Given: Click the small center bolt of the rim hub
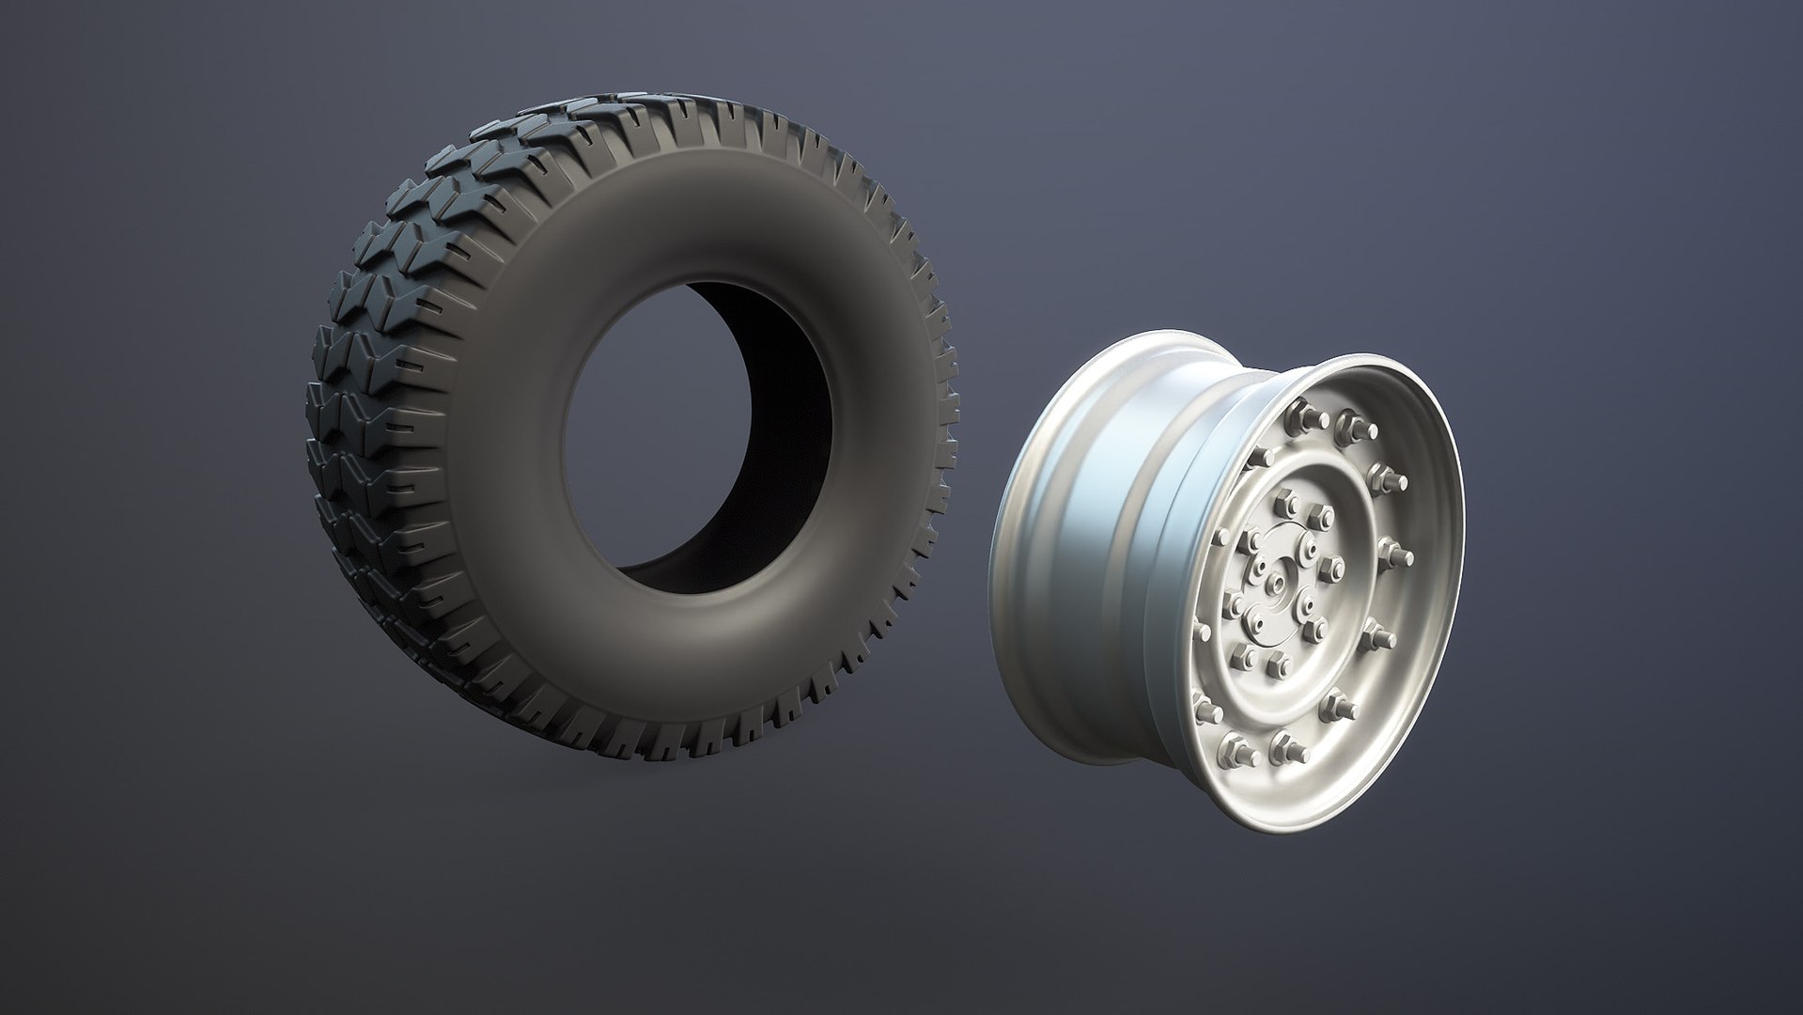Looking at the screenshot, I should tap(1276, 584).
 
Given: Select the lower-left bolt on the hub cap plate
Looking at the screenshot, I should tap(1255, 622).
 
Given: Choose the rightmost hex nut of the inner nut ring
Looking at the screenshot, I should tap(1333, 570).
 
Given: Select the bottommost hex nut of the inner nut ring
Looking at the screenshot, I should tap(1280, 665).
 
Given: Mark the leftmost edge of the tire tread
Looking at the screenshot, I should tap(314, 423).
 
